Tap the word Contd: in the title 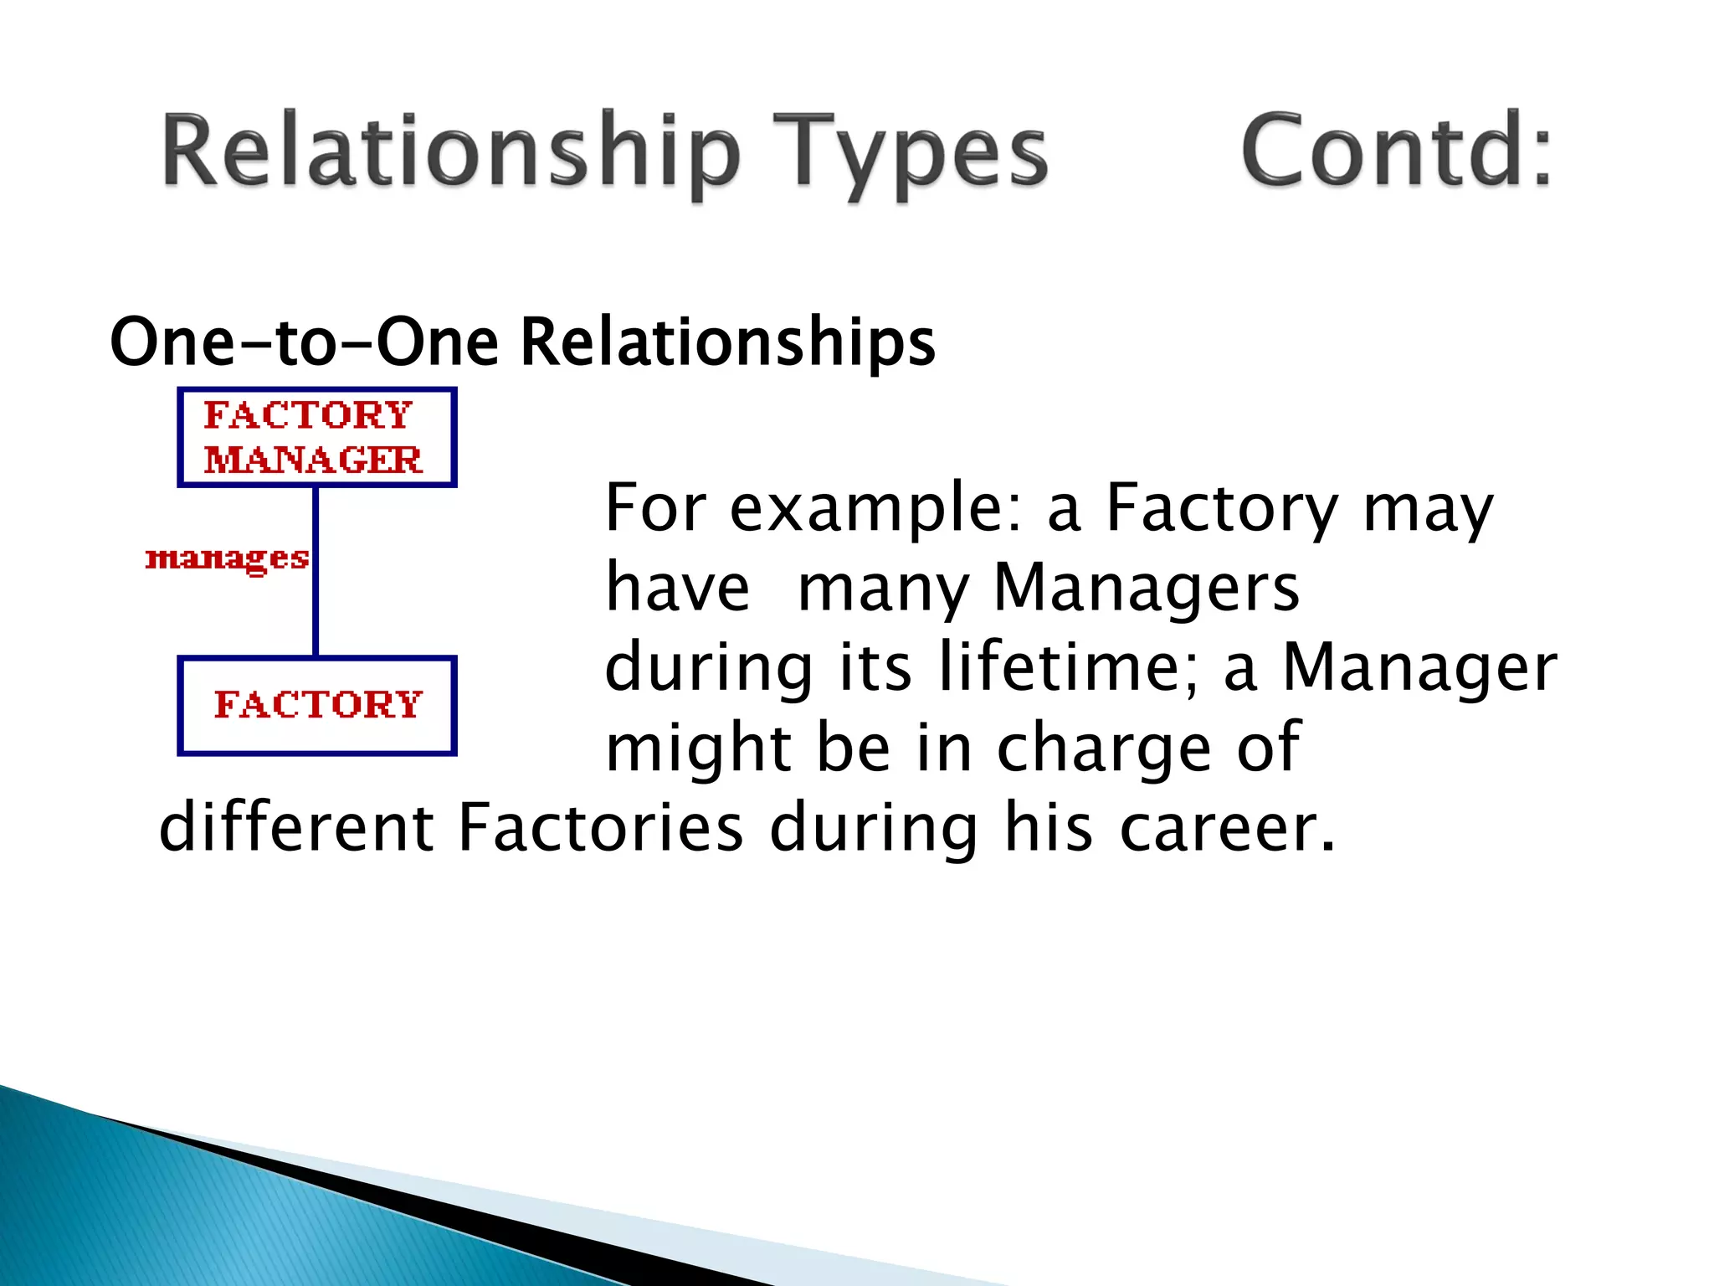click(x=1396, y=151)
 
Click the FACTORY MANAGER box click(x=316, y=437)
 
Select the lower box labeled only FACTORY click(x=316, y=705)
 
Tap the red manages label click(x=227, y=558)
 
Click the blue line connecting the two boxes click(x=316, y=603)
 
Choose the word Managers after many click(x=1147, y=588)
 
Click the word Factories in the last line click(x=601, y=827)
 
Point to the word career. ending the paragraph click(x=1227, y=827)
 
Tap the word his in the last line click(x=1048, y=827)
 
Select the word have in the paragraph click(x=677, y=588)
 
